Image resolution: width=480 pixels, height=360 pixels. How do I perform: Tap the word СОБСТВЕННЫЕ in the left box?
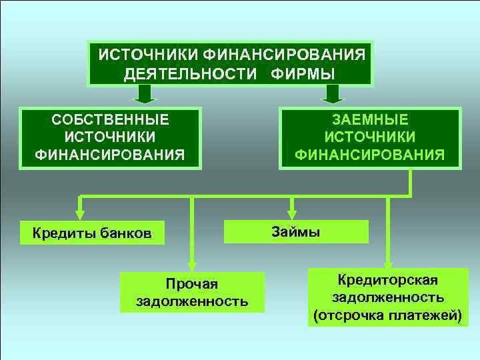point(110,120)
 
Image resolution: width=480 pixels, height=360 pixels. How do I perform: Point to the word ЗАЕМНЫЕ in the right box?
point(370,120)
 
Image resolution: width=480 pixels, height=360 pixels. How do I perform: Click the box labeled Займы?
point(296,232)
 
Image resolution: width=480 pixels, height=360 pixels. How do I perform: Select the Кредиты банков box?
point(92,233)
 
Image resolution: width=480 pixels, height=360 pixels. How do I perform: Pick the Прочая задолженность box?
point(192,293)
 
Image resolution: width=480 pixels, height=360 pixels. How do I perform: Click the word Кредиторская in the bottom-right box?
point(387,279)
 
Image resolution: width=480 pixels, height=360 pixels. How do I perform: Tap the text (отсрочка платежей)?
point(387,314)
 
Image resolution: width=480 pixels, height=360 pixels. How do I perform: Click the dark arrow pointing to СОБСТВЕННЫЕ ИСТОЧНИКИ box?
point(145,95)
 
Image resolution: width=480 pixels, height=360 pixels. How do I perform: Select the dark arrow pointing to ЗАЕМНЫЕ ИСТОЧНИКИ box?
point(331,95)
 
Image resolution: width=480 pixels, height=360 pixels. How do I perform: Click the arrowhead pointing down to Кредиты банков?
point(80,213)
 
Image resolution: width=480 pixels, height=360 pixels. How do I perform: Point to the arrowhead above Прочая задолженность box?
point(192,264)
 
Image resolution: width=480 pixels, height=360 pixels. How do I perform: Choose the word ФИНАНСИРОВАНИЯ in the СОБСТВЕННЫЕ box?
point(110,155)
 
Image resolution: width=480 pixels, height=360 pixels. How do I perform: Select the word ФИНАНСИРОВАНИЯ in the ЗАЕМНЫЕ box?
point(370,155)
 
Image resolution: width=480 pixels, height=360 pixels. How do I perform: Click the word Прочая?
point(192,284)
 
